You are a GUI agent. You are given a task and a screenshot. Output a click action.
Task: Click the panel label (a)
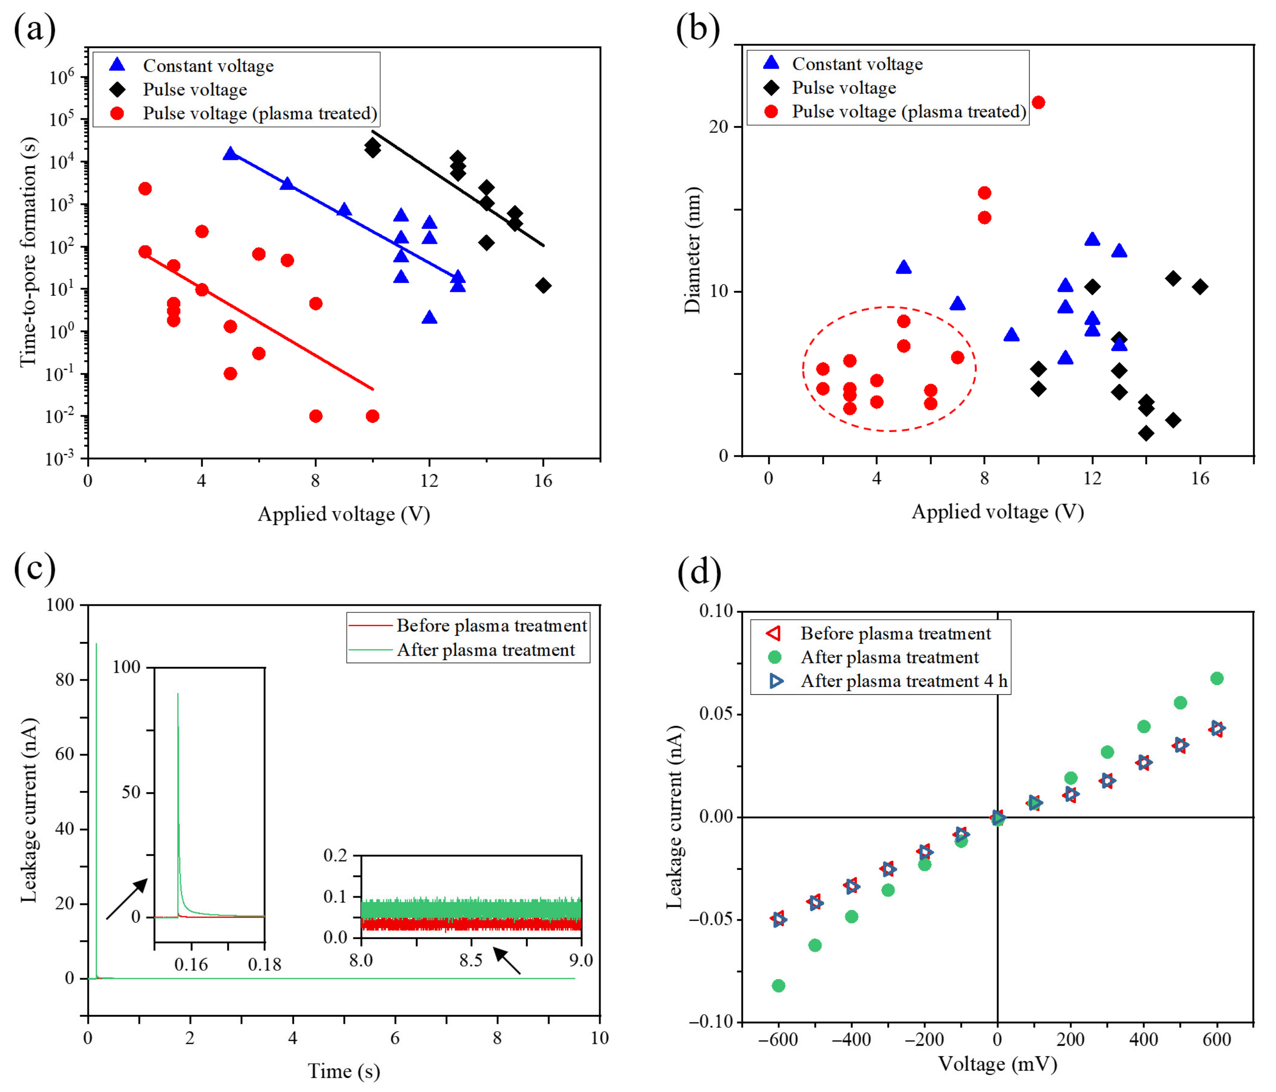pos(35,29)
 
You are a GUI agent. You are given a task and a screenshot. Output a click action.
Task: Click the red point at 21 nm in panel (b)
pos(1038,102)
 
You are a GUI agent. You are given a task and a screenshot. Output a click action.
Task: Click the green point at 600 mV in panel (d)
pos(1216,678)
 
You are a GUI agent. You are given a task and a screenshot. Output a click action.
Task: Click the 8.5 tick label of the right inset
pos(470,960)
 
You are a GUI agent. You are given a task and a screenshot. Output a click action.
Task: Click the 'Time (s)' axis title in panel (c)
pos(344,1071)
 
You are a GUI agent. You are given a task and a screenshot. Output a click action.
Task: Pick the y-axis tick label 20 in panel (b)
pos(718,127)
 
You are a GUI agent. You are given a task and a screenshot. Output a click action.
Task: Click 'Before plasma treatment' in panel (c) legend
pos(491,625)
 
